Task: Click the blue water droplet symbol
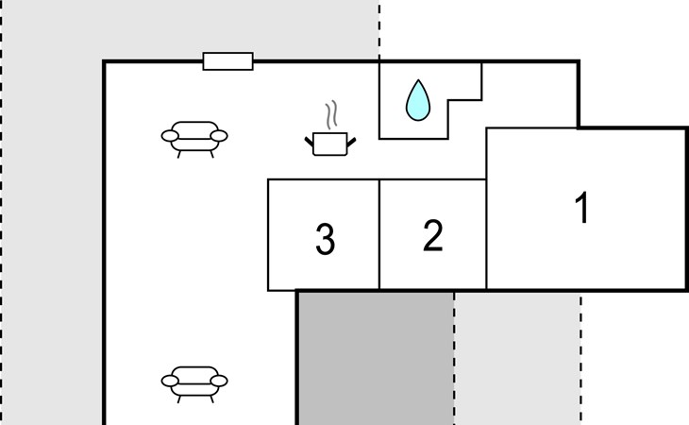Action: coord(416,100)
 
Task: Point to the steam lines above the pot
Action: coord(330,116)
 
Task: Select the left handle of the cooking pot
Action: coord(310,142)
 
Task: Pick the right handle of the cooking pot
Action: coord(351,142)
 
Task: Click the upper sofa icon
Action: coord(194,137)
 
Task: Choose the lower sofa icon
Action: coord(194,381)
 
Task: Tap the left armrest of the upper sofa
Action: coord(170,137)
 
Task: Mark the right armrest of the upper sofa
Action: coord(219,137)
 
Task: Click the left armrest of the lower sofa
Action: coord(170,381)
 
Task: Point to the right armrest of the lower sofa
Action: coord(219,381)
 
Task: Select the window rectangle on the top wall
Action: coord(228,61)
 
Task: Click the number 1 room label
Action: coord(583,208)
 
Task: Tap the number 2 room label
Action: coord(432,236)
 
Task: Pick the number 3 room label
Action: coord(325,240)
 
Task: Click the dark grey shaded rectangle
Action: coord(376,359)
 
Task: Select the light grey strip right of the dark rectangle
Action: coord(517,359)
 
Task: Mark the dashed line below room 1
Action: coord(580,359)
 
